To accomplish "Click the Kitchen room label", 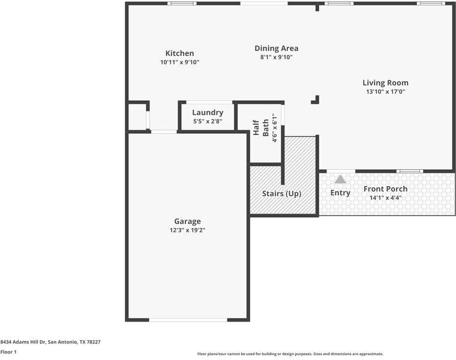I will [x=179, y=53].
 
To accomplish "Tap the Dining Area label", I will [x=276, y=49].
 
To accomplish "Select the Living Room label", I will [x=385, y=83].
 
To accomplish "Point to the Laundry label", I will [x=208, y=113].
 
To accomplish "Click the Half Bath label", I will [x=260, y=127].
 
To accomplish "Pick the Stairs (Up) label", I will [x=281, y=194].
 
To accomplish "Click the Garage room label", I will [x=187, y=221].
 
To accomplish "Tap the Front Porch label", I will [x=385, y=189].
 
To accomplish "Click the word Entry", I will [x=340, y=193].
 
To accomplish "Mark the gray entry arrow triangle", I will [x=340, y=179].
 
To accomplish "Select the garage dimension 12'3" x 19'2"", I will [x=187, y=230].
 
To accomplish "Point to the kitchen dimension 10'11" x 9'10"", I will [x=179, y=62].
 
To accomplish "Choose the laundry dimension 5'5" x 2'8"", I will [x=208, y=122].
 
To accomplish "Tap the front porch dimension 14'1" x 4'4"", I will [x=385, y=197].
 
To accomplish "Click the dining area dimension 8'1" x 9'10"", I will [x=276, y=58].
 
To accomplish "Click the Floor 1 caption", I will [x=8, y=352].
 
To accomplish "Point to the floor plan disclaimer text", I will [x=290, y=354].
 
